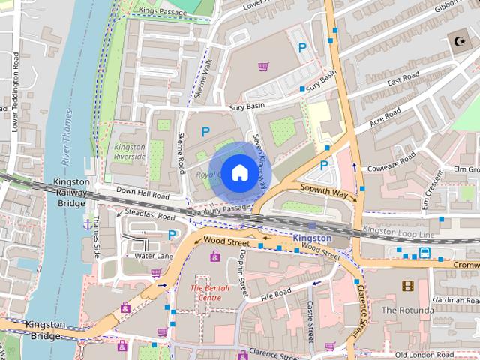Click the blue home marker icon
[x=238, y=172]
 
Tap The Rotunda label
[x=407, y=310]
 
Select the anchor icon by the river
[x=88, y=223]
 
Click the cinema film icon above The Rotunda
[x=407, y=286]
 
